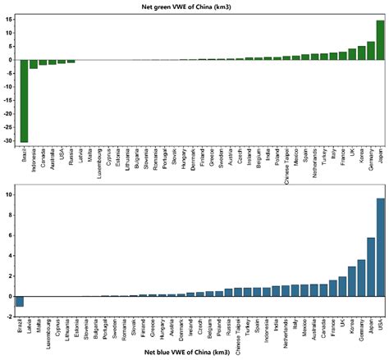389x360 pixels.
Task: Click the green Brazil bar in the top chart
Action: (x=24, y=101)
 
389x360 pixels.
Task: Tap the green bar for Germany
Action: (x=370, y=51)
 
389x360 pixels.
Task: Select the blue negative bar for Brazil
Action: (x=19, y=301)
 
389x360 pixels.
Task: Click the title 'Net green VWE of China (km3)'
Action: (x=194, y=6)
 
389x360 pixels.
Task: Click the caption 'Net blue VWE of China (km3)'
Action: (x=194, y=354)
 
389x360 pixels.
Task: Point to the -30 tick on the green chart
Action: (x=7, y=141)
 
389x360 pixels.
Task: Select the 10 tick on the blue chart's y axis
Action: (x=7, y=172)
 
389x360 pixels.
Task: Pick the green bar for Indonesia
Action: (x=34, y=64)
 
